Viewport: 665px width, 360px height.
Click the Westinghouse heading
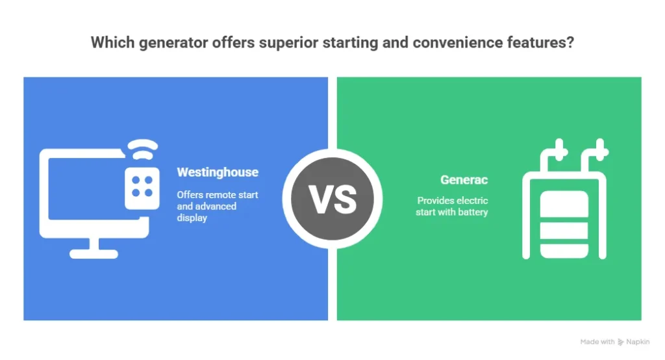(x=218, y=172)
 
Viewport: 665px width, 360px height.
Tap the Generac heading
(x=464, y=179)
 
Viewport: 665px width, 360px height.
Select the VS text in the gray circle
(x=332, y=199)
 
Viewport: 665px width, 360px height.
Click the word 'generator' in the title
(x=173, y=43)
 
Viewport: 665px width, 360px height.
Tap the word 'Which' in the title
(x=112, y=42)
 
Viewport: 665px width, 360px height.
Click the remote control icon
(x=142, y=188)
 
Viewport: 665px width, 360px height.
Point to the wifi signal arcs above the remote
(x=143, y=149)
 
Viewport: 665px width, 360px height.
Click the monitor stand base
(x=94, y=254)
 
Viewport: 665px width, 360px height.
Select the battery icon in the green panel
(x=564, y=224)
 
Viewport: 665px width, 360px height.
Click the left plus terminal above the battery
(x=560, y=150)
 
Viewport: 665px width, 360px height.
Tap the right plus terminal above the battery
(x=600, y=150)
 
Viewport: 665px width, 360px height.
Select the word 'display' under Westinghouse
(x=192, y=218)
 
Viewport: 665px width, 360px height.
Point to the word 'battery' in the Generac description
(x=473, y=212)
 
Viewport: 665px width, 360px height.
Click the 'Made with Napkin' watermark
(x=615, y=342)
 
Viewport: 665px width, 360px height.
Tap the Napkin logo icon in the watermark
(x=621, y=342)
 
